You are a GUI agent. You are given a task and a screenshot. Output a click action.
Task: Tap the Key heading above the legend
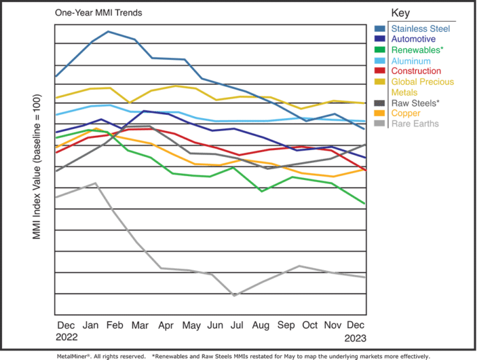[x=400, y=12]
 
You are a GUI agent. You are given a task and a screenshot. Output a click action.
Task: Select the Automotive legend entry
[x=413, y=39]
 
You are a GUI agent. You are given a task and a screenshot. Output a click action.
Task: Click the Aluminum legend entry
[x=412, y=61]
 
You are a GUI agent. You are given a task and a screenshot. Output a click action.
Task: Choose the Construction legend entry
[x=415, y=71]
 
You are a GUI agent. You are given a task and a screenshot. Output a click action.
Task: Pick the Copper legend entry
[x=406, y=113]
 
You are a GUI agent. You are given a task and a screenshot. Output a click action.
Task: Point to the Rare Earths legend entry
[x=415, y=124]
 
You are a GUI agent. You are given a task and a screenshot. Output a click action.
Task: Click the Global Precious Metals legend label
[x=422, y=87]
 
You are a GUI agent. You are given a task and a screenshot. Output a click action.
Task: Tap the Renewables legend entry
[x=415, y=50]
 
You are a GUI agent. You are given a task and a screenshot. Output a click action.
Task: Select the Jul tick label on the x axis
[x=236, y=325]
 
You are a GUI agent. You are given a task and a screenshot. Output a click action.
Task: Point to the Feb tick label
[x=115, y=325]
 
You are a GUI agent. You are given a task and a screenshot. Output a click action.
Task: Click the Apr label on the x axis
[x=165, y=325]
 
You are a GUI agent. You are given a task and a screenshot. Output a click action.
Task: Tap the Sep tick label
[x=286, y=325]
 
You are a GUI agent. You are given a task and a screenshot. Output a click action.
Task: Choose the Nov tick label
[x=334, y=325]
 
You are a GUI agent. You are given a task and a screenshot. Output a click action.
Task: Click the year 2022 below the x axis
[x=66, y=336]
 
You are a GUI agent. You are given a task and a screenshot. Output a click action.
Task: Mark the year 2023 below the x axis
[x=356, y=336]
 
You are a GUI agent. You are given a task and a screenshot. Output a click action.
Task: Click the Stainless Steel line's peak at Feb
[x=110, y=31]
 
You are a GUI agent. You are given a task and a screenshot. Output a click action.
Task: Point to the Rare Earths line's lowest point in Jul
[x=234, y=296]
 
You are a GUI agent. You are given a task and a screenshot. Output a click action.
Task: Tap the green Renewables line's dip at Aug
[x=261, y=191]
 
